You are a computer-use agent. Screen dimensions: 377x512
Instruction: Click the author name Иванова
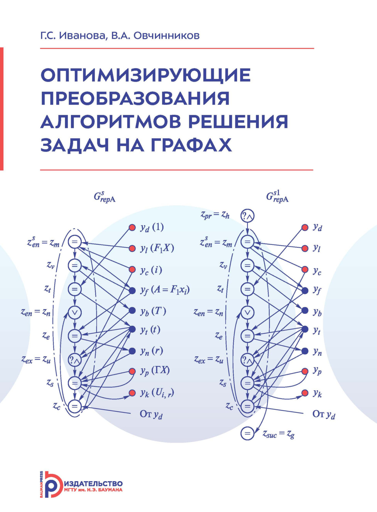coord(82,35)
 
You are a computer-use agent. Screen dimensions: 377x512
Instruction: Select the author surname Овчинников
coord(166,35)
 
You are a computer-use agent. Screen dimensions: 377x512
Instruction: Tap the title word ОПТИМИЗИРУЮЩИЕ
coord(145,75)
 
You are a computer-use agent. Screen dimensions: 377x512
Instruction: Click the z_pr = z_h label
coord(215,215)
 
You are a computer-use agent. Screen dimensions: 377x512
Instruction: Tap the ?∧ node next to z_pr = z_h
coord(247,216)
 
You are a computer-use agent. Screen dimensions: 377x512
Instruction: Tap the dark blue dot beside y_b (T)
coord(132,310)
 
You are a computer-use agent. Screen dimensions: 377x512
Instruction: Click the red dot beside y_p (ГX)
coord(132,371)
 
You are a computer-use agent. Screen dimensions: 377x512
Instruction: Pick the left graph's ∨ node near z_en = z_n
coord(74,312)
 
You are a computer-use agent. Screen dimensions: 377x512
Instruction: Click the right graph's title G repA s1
coord(277,197)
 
